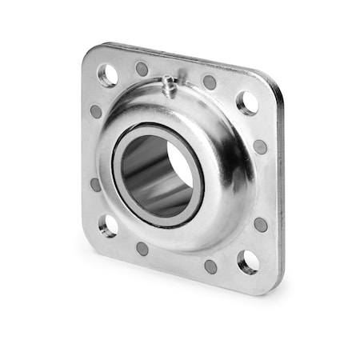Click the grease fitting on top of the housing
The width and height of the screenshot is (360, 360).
(170, 84)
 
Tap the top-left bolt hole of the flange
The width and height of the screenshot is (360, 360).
(107, 74)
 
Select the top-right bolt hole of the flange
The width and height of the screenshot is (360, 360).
(247, 102)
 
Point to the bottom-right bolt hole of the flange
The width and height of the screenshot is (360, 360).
(247, 261)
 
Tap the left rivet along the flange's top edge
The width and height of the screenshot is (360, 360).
(142, 69)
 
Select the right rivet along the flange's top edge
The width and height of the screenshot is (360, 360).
(209, 82)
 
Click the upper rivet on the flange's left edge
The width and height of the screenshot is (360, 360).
(96, 111)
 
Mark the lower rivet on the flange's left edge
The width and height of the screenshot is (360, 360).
(96, 184)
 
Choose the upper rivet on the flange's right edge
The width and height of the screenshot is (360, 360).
(260, 146)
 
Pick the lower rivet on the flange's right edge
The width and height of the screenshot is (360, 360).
(261, 224)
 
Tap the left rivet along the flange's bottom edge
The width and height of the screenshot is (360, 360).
(142, 248)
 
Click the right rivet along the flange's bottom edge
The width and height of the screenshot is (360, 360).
(210, 266)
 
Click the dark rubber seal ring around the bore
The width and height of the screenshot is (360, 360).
(191, 192)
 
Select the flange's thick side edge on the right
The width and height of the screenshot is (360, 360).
(279, 184)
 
